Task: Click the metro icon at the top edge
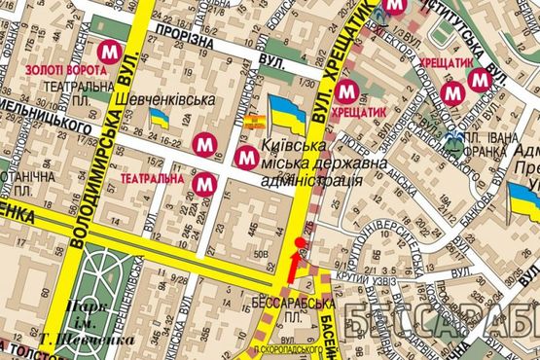394,7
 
